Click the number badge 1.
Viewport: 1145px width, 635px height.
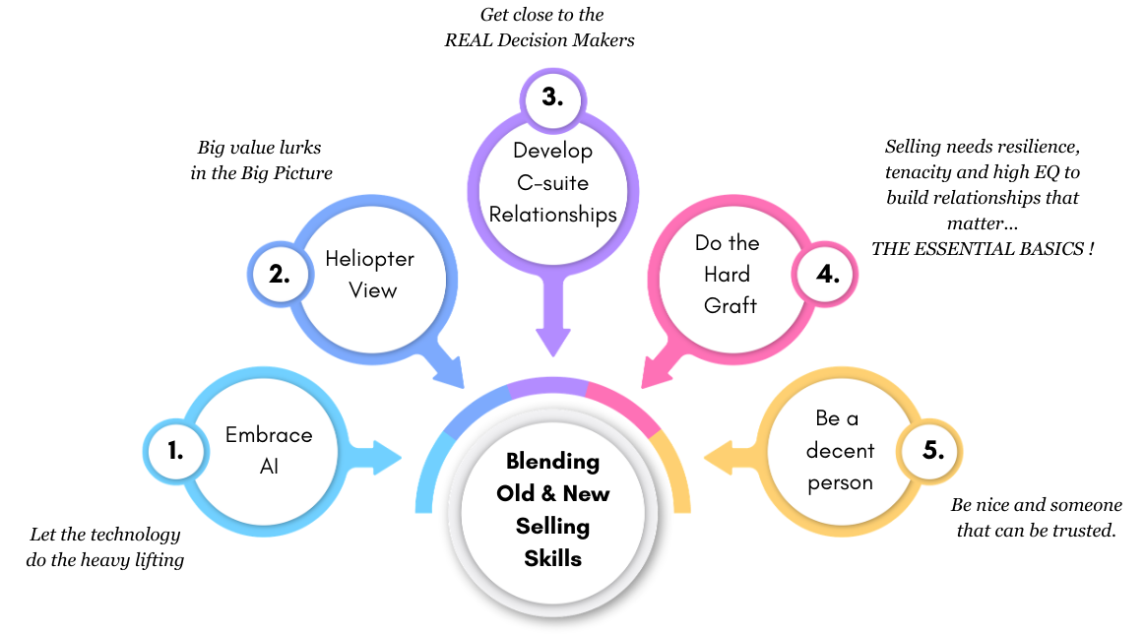point(176,452)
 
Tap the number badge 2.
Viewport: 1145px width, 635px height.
point(280,274)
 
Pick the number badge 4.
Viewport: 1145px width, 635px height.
point(827,274)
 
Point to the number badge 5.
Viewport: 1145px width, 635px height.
point(932,451)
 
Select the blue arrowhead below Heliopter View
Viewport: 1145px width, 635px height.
point(452,373)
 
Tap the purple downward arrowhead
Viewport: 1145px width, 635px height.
point(553,340)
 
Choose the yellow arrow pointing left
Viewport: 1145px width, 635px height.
point(729,457)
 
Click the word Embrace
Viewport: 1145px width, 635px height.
point(269,435)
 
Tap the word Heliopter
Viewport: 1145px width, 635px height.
point(370,259)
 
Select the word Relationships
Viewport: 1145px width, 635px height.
point(553,215)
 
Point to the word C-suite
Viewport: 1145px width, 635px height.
point(553,183)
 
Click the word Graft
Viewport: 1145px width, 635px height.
point(730,305)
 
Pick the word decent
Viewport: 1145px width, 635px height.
point(840,451)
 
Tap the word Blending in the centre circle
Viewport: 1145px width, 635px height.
point(552,461)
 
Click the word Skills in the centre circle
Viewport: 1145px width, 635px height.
point(552,558)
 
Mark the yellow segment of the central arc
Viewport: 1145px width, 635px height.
point(673,473)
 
